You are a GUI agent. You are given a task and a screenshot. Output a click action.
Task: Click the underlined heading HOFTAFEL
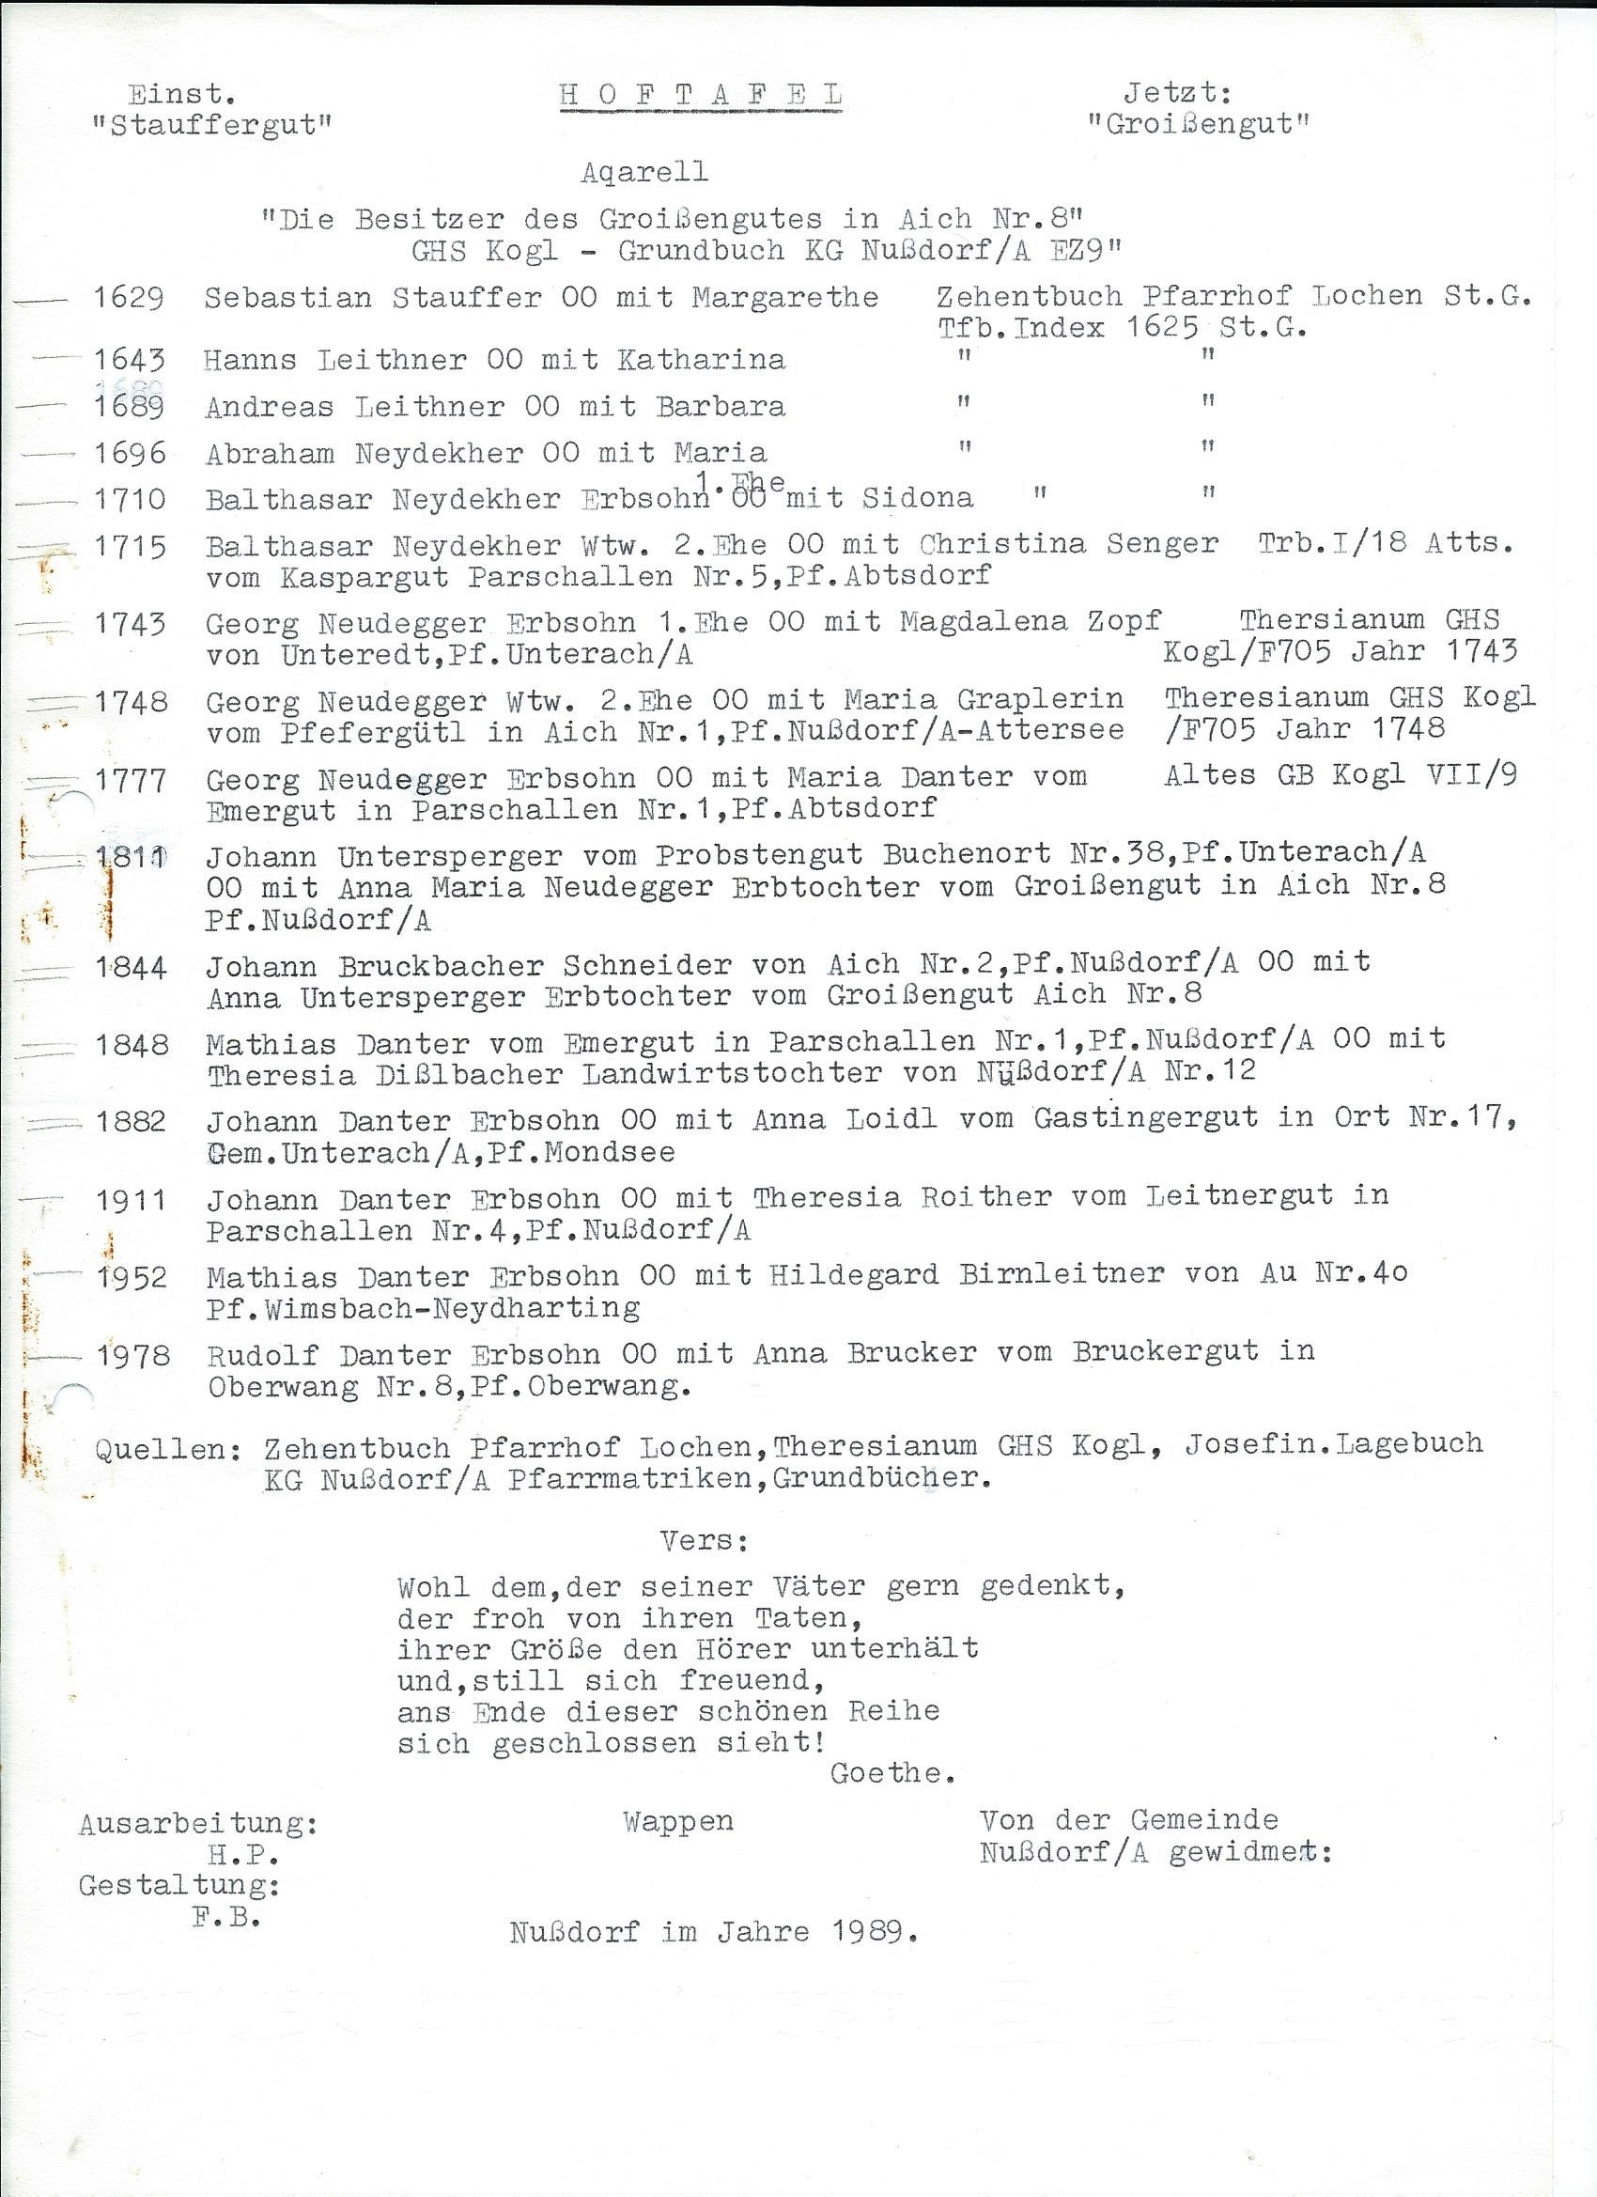click(x=700, y=95)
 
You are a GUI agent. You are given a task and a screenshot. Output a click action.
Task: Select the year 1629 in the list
click(x=128, y=297)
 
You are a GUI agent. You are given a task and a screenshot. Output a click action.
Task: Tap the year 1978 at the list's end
click(x=133, y=1355)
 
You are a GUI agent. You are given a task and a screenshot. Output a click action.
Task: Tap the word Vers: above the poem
click(x=703, y=1541)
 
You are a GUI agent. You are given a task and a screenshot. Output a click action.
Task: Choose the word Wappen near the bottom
click(x=678, y=1822)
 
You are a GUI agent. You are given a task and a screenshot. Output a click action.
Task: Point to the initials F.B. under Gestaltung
click(x=226, y=1917)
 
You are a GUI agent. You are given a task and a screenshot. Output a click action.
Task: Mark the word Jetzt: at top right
click(x=1177, y=94)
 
